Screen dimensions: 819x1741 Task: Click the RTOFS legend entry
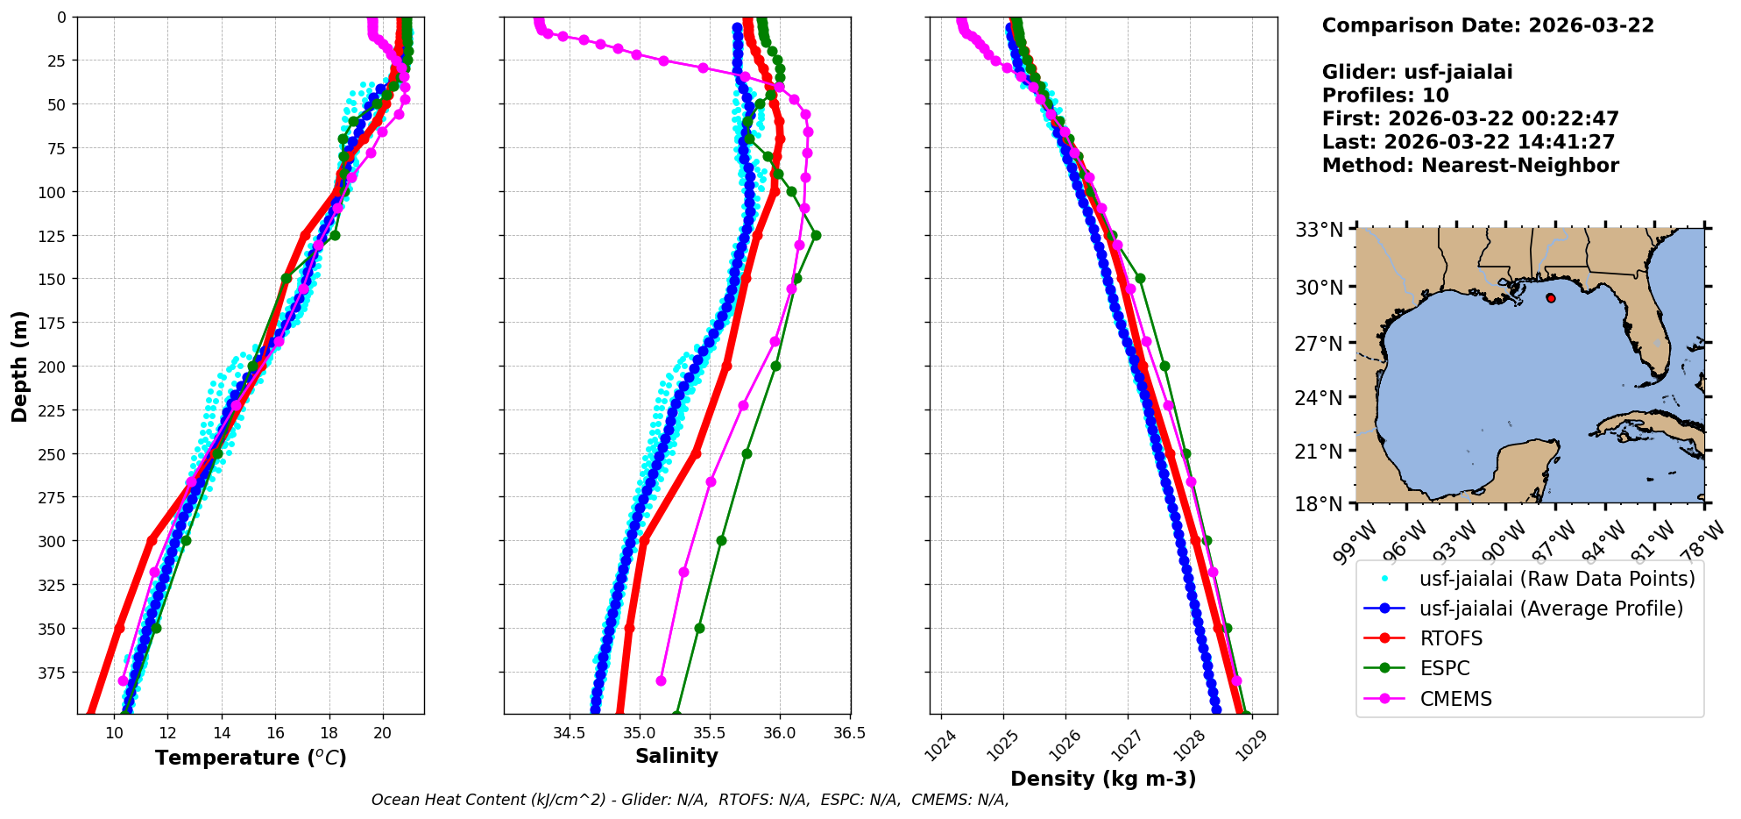coord(1451,638)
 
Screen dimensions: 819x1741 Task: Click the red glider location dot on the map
coord(1551,298)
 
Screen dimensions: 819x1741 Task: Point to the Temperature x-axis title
coord(251,758)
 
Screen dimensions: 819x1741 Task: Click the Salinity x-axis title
coord(676,756)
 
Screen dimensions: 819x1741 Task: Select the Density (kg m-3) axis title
coord(1103,779)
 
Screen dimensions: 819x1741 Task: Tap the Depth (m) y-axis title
coord(20,366)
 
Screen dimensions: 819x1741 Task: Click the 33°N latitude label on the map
coord(1319,230)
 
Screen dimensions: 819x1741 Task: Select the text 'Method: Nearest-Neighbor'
coord(1470,165)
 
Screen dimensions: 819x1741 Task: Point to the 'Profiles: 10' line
coord(1385,96)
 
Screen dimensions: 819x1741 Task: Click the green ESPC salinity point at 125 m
coord(816,235)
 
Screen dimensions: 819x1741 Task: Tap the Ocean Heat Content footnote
coord(690,800)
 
